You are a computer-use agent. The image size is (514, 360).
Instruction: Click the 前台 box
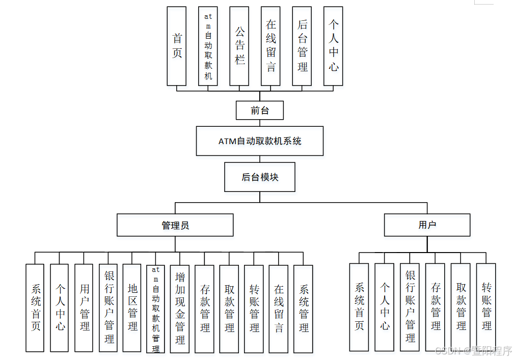click(259, 110)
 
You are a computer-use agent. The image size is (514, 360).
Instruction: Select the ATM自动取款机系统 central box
click(260, 141)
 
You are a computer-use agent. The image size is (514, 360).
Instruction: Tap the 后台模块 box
click(260, 177)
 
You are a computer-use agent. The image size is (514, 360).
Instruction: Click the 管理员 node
click(175, 225)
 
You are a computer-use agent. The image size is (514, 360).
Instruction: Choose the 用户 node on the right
click(427, 225)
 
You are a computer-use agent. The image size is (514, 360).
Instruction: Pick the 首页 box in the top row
click(177, 46)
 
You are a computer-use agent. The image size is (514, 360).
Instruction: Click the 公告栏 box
click(239, 46)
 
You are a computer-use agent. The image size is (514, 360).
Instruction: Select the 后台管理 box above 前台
click(302, 46)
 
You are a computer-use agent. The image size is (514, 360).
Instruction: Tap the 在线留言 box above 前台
click(270, 46)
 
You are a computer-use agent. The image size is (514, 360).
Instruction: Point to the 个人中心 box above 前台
click(333, 46)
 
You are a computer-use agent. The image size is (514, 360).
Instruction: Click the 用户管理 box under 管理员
click(84, 308)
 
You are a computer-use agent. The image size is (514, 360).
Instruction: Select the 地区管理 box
click(132, 308)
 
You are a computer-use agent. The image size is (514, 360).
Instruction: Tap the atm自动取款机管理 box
click(155, 309)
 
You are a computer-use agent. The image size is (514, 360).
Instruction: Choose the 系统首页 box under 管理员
click(35, 308)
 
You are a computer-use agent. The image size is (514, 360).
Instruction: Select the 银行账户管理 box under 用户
click(410, 307)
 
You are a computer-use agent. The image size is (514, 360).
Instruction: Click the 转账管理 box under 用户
click(486, 307)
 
